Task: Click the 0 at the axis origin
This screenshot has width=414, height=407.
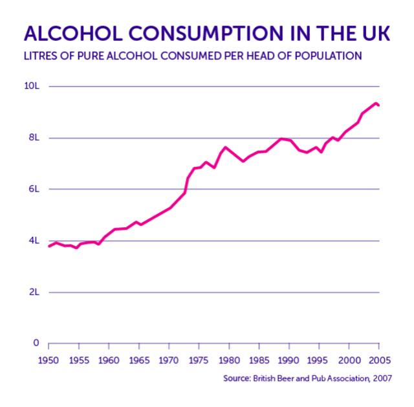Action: (x=36, y=343)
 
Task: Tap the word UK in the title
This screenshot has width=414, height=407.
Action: (x=375, y=34)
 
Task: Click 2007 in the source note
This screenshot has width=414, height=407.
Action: (x=380, y=378)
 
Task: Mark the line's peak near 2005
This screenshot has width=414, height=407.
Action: (x=376, y=103)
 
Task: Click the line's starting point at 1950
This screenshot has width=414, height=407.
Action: (x=49, y=247)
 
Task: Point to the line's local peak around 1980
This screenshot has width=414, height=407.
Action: (x=225, y=147)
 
